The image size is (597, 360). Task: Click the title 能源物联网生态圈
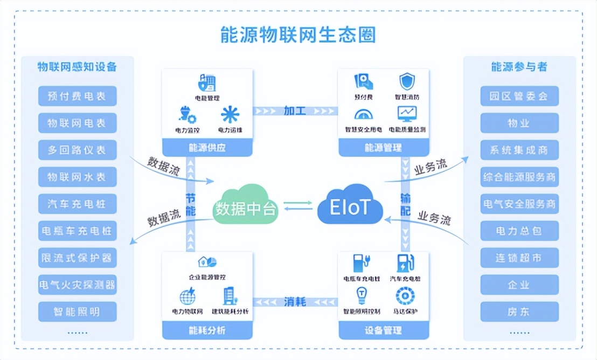pyautogui.click(x=298, y=34)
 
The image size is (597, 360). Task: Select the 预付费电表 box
pyautogui.click(x=77, y=96)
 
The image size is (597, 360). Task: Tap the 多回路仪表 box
pyautogui.click(x=77, y=150)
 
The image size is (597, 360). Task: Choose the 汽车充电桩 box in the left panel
pyautogui.click(x=77, y=204)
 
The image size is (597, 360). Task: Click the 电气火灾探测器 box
pyautogui.click(x=77, y=285)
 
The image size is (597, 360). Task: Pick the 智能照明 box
pyautogui.click(x=77, y=311)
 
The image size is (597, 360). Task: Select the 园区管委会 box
pyautogui.click(x=519, y=96)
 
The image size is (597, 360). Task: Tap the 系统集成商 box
pyautogui.click(x=519, y=150)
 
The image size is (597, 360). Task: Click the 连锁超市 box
pyautogui.click(x=519, y=258)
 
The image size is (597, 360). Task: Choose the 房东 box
pyautogui.click(x=519, y=311)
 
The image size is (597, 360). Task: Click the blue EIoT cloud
pyautogui.click(x=350, y=205)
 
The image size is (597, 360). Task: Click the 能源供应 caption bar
pyautogui.click(x=207, y=147)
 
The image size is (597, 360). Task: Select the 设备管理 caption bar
pyautogui.click(x=383, y=330)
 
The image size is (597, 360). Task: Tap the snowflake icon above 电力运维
pyautogui.click(x=230, y=114)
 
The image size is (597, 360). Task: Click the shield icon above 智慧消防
pyautogui.click(x=407, y=82)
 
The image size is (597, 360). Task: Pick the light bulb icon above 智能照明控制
pyautogui.click(x=362, y=295)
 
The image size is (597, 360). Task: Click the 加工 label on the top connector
pyautogui.click(x=295, y=111)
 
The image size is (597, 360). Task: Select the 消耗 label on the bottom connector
pyautogui.click(x=295, y=302)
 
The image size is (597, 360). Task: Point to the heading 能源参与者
pyautogui.click(x=519, y=67)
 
